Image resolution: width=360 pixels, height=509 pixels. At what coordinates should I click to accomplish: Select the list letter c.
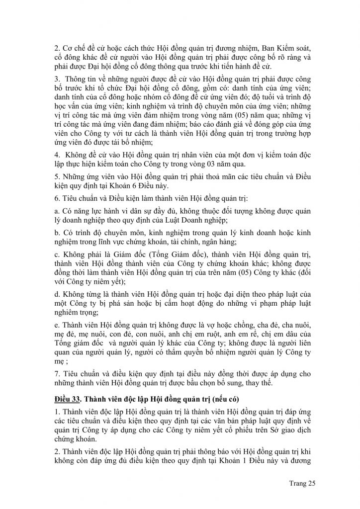pos(56,265)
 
